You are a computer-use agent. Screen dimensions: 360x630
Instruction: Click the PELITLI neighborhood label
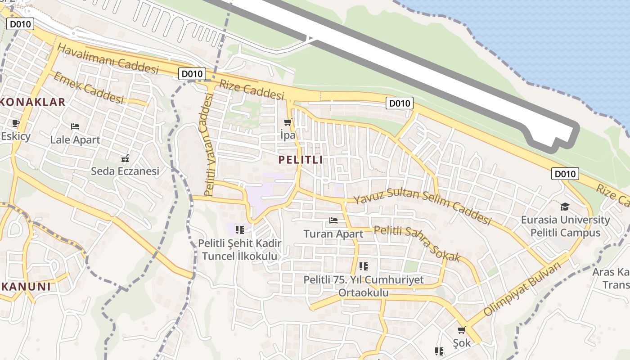coord(300,160)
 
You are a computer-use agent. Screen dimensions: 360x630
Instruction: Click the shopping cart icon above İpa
coord(288,122)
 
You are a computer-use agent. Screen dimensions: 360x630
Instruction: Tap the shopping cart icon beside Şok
coord(461,330)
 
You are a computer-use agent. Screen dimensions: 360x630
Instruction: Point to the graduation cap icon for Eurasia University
coord(564,207)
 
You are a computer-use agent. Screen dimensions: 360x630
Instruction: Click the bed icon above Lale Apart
coord(75,126)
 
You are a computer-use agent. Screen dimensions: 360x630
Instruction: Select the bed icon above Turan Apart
coord(333,220)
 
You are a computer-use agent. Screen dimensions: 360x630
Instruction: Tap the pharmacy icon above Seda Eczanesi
coord(125,158)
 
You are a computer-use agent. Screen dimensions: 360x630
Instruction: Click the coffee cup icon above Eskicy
coord(16,123)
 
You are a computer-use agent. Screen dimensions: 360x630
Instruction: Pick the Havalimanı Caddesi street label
coord(108,59)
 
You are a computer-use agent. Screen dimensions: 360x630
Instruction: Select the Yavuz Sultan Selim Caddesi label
coord(422,206)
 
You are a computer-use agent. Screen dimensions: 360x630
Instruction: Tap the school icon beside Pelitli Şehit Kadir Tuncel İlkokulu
coord(240,230)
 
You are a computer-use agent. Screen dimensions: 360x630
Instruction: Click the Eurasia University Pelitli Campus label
coord(565,226)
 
